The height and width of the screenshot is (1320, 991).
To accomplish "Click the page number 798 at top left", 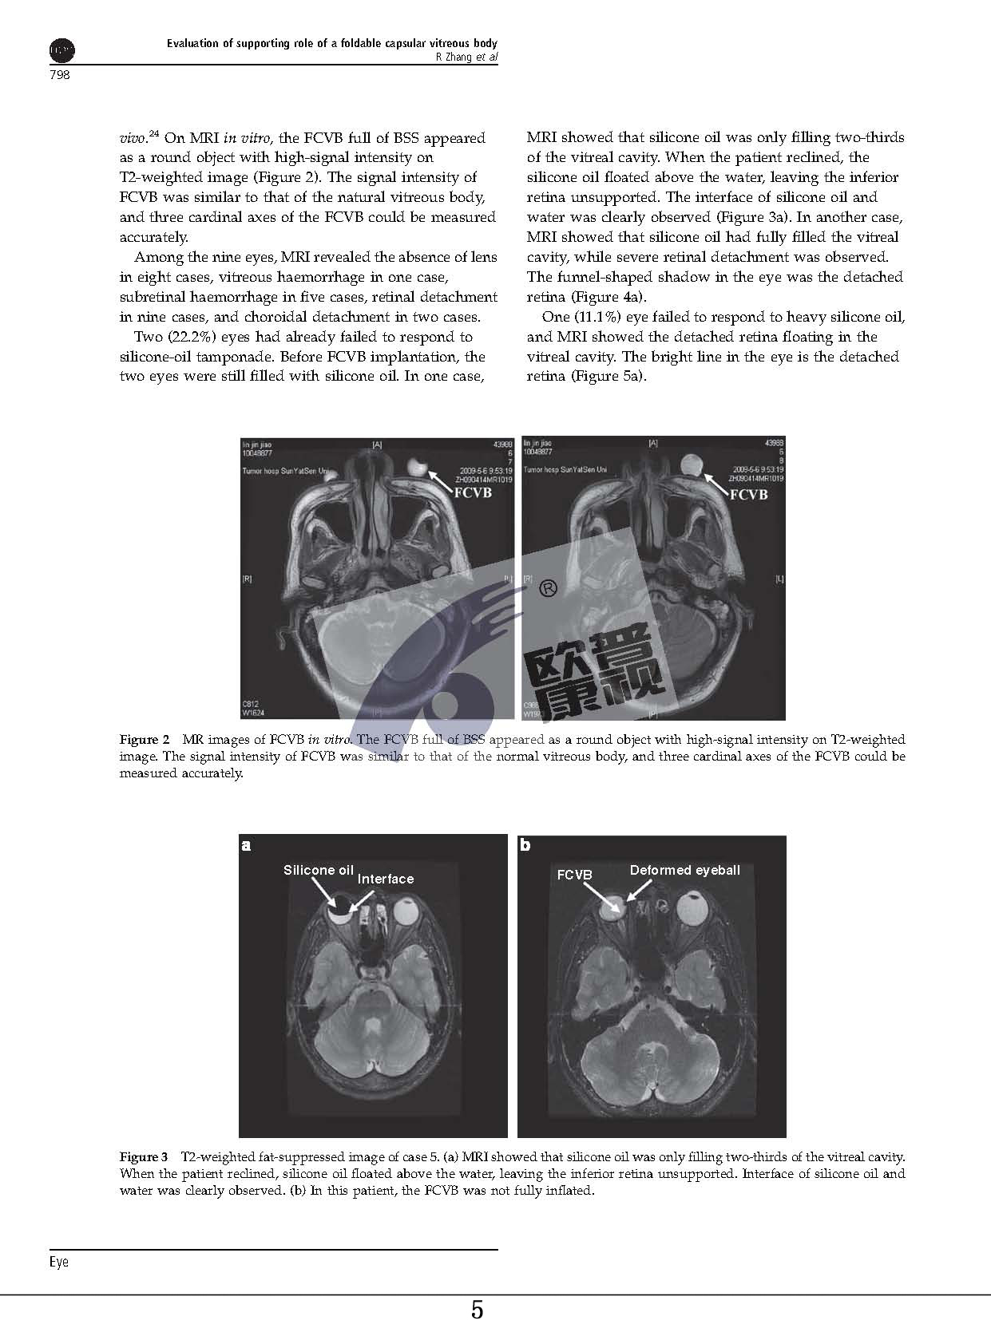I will tap(60, 75).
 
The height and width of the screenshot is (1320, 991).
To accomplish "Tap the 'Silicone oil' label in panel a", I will tap(318, 870).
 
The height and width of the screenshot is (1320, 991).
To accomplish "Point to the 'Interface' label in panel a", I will tap(386, 879).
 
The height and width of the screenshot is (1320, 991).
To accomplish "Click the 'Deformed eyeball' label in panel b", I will tap(684, 870).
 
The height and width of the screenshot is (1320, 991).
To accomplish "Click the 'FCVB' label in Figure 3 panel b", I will tap(574, 875).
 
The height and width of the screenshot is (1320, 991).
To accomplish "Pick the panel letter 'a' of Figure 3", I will tap(246, 845).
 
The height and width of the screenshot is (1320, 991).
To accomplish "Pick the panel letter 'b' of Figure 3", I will tap(525, 845).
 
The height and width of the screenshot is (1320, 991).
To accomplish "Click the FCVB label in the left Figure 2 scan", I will tap(473, 492).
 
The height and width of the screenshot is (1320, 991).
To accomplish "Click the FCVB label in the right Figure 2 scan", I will tap(748, 495).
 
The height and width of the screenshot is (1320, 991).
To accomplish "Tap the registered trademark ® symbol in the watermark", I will tap(548, 589).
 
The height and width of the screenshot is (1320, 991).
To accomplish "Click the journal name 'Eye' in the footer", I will tap(59, 1262).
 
